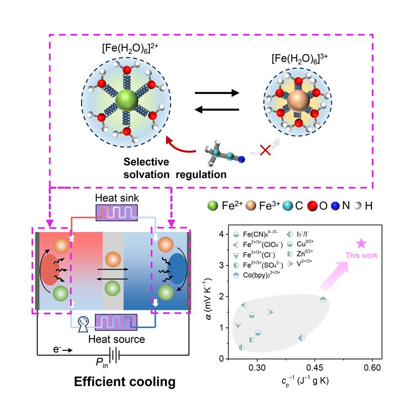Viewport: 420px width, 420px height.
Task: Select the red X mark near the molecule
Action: pyautogui.click(x=265, y=151)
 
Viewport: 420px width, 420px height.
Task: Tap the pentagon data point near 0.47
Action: pyautogui.click(x=323, y=299)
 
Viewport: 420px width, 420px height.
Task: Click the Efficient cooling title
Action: pyautogui.click(x=124, y=382)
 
